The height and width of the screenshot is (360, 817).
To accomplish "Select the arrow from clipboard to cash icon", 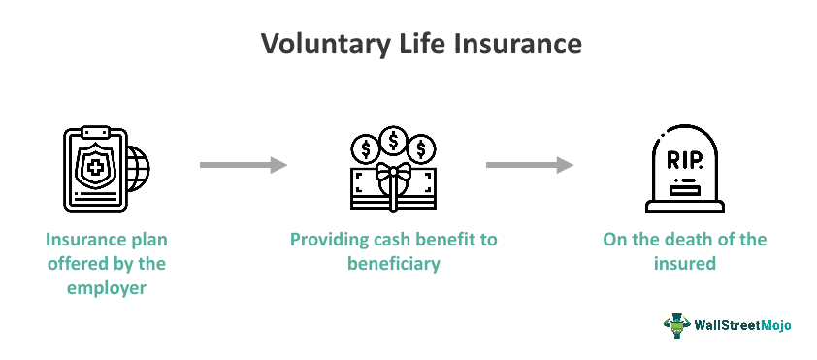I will pyautogui.click(x=244, y=166).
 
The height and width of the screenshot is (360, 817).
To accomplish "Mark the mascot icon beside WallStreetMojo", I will pyautogui.click(x=677, y=324).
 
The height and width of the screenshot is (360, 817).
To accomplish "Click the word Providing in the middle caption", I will pyautogui.click(x=329, y=240).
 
